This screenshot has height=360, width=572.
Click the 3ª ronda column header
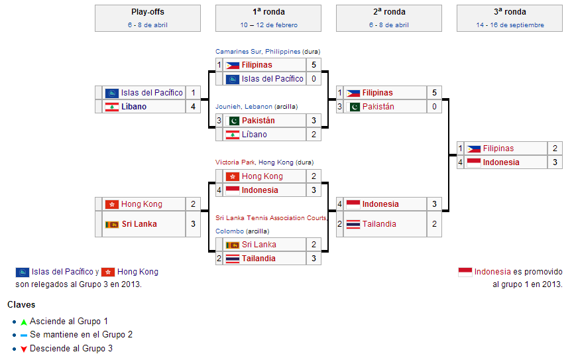[x=510, y=12]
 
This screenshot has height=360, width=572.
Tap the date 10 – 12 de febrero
[x=269, y=25]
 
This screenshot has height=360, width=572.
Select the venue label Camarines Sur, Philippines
[x=258, y=52]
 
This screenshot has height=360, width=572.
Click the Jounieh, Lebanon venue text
[x=244, y=107]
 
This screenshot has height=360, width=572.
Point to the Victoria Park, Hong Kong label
[x=255, y=162]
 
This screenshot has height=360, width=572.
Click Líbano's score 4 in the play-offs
[x=193, y=107]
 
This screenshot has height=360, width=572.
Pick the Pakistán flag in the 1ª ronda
[x=233, y=121]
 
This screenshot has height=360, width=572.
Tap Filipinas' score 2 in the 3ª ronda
[x=555, y=149]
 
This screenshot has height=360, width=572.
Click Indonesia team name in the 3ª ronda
[x=501, y=162]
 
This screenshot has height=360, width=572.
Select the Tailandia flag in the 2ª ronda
[x=353, y=224]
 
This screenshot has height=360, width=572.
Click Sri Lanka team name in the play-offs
[x=139, y=224]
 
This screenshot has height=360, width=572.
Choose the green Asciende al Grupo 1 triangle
[x=24, y=322]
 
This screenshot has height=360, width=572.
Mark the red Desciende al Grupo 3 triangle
[x=24, y=349]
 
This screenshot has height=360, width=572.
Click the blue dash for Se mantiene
[x=24, y=335]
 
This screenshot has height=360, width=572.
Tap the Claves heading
[x=21, y=304]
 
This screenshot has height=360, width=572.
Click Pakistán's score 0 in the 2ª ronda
[x=434, y=107]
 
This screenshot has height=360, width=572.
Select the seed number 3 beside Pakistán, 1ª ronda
[x=219, y=121]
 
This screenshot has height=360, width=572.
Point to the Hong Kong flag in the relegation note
[x=108, y=272]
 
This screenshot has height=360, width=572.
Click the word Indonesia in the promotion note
[x=492, y=272]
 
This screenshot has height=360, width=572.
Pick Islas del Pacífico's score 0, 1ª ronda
[x=314, y=79]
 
